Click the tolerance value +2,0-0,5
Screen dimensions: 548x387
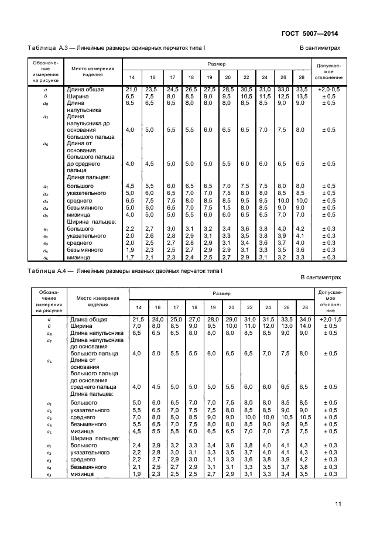(x=328, y=88)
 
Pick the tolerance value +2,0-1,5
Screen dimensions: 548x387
(x=328, y=319)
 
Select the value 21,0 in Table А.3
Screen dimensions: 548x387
(x=132, y=88)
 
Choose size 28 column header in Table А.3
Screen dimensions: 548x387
(x=302, y=77)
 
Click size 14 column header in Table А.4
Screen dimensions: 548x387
(x=138, y=307)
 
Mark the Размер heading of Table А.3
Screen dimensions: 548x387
(x=216, y=63)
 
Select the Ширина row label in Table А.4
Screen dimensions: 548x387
(x=81, y=326)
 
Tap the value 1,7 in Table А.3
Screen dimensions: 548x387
(x=132, y=256)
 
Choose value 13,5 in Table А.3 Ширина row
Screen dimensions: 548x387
(x=302, y=95)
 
